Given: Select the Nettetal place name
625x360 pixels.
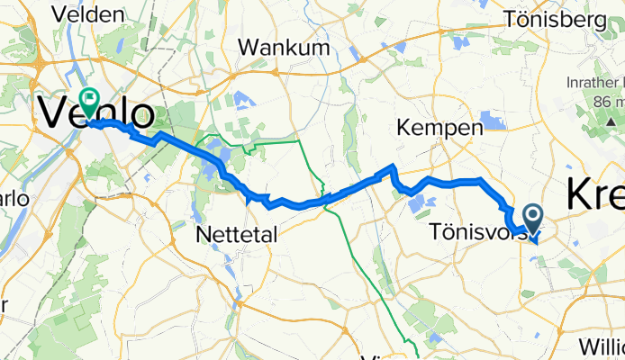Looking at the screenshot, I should point(236,234).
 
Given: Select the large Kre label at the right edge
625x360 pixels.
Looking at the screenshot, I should point(596,196).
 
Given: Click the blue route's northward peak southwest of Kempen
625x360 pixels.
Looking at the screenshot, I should point(391,167).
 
